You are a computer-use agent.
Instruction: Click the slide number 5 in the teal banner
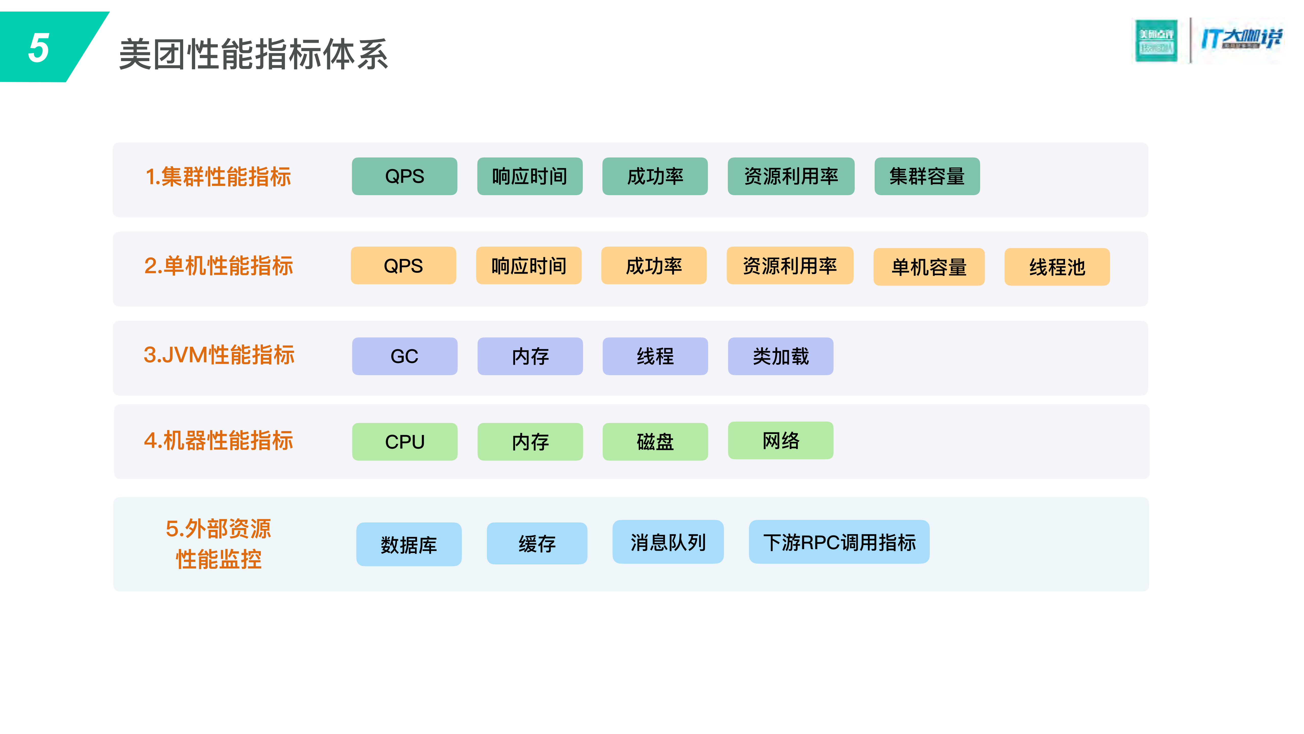(39, 48)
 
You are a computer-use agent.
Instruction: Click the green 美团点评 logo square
(1156, 41)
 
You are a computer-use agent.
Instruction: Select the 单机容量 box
(929, 267)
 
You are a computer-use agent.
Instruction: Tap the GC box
(405, 356)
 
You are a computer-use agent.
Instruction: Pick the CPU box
(405, 442)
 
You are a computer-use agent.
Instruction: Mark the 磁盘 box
(655, 442)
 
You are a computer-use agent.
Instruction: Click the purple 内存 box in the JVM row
(530, 356)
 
